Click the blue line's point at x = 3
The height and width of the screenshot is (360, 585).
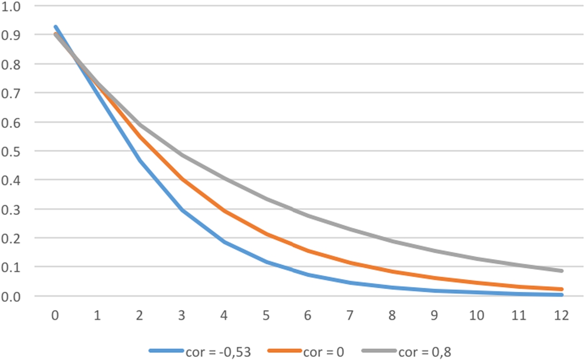pyautogui.click(x=181, y=210)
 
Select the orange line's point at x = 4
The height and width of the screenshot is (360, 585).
pyautogui.click(x=224, y=211)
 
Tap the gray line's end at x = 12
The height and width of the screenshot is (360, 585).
pyautogui.click(x=561, y=271)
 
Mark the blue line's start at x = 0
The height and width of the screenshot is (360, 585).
pyautogui.click(x=55, y=27)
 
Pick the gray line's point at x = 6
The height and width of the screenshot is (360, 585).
pyautogui.click(x=308, y=216)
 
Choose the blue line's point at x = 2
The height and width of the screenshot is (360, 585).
pyautogui.click(x=139, y=160)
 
